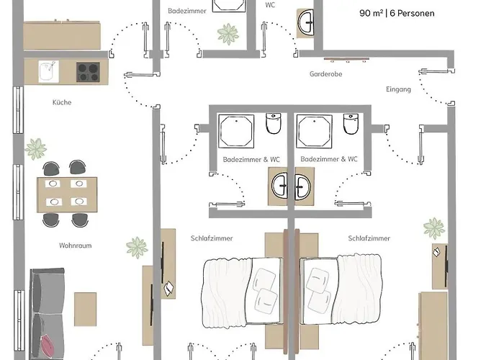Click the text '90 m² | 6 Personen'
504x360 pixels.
pyautogui.click(x=397, y=13)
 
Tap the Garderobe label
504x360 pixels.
pyautogui.click(x=323, y=74)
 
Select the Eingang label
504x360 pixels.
pyautogui.click(x=398, y=89)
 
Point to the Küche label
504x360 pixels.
pyautogui.click(x=62, y=102)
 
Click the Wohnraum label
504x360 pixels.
pyautogui.click(x=75, y=246)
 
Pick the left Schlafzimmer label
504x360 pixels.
pyautogui.click(x=212, y=238)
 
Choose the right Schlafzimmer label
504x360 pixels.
pyautogui.click(x=369, y=238)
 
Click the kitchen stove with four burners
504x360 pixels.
pyautogui.click(x=88, y=71)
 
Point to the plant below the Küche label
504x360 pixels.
pyautogui.click(x=36, y=149)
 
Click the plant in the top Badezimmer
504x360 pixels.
pyautogui.click(x=229, y=32)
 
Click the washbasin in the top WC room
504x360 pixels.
pyautogui.click(x=306, y=22)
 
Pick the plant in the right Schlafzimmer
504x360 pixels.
pyautogui.click(x=433, y=229)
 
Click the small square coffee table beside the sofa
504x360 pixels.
pyautogui.click(x=86, y=307)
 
